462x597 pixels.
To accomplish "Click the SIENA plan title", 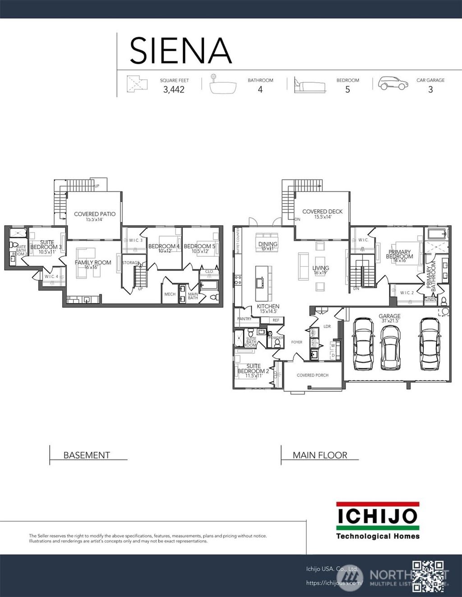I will (x=180, y=50).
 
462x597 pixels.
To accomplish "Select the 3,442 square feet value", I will (x=174, y=90).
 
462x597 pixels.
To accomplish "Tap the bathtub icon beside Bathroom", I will (x=223, y=85).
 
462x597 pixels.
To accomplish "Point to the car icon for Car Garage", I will (x=393, y=83).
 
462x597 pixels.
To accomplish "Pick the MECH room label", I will (x=170, y=294).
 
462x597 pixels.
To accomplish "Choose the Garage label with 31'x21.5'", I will (x=390, y=318).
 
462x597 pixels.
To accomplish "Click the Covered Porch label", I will (x=313, y=375).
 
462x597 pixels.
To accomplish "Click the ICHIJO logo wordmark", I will (x=377, y=516).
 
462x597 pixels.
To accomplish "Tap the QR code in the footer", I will (x=428, y=576).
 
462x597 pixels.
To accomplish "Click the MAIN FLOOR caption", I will (x=320, y=455).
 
